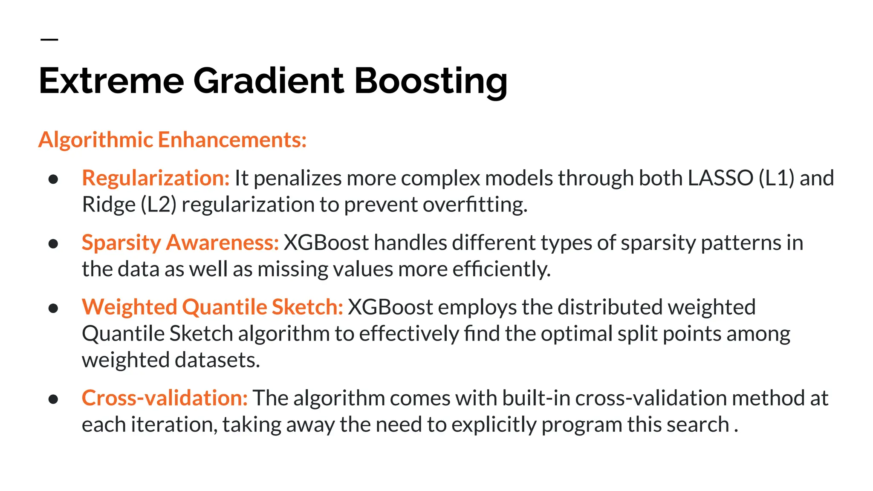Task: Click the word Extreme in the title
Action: pyautogui.click(x=111, y=81)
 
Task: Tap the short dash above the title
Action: pyautogui.click(x=49, y=40)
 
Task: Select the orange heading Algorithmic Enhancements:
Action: pyautogui.click(x=172, y=140)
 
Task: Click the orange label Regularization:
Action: pyautogui.click(x=156, y=178)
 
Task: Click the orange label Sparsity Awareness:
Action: pyautogui.click(x=180, y=243)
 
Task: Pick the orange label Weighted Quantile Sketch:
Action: pyautogui.click(x=212, y=307)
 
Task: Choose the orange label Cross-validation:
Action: pyautogui.click(x=165, y=398)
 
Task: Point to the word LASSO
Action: pyautogui.click(x=720, y=178)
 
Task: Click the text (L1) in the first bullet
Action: pyautogui.click(x=776, y=178)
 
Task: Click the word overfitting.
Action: pyautogui.click(x=475, y=205)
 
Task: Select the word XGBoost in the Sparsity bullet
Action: pyautogui.click(x=326, y=243)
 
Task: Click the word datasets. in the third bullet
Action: pyautogui.click(x=217, y=360)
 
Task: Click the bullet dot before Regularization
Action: pyautogui.click(x=53, y=179)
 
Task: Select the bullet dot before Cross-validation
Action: pyautogui.click(x=53, y=399)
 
